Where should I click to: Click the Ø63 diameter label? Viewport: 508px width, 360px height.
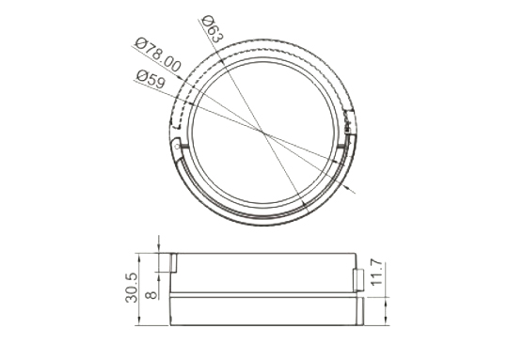(x=213, y=29)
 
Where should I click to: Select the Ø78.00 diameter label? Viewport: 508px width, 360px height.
(x=157, y=55)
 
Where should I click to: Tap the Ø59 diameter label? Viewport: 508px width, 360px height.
(x=151, y=79)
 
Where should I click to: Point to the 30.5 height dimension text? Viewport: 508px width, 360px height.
(x=131, y=288)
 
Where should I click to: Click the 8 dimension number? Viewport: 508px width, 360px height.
(x=151, y=295)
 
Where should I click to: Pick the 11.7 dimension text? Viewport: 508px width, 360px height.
(x=376, y=273)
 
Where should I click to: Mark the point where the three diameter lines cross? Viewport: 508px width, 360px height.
(x=262, y=131)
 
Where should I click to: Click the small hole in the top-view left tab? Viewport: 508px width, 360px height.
(x=177, y=147)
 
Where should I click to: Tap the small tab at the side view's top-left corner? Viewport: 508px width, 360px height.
(x=173, y=262)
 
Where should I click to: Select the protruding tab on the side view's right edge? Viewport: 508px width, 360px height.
(x=358, y=280)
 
